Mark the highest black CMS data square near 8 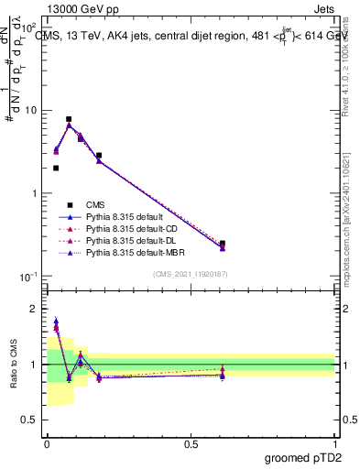pyautogui.click(x=69, y=119)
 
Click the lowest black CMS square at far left pyautogui.click(x=56, y=168)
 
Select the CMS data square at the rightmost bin pyautogui.click(x=223, y=244)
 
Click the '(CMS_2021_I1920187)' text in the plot pyautogui.click(x=191, y=274)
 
